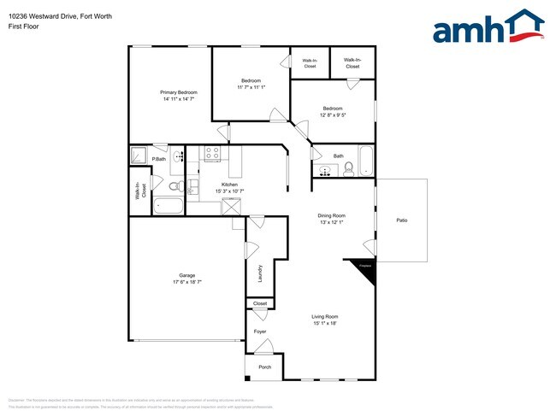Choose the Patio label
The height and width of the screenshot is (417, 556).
click(x=401, y=220)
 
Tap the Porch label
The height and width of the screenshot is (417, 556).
click(x=265, y=367)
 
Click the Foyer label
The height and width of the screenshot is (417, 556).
click(x=260, y=332)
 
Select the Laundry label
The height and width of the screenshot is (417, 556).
click(x=260, y=274)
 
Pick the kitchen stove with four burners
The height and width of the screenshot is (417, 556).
click(x=211, y=154)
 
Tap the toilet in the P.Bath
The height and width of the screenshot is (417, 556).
click(x=174, y=185)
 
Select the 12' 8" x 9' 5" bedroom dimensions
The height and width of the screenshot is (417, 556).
click(x=333, y=115)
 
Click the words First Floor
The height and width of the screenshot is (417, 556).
click(x=23, y=26)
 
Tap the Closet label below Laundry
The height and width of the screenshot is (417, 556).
click(x=260, y=303)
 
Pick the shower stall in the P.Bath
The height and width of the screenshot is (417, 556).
click(x=138, y=155)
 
